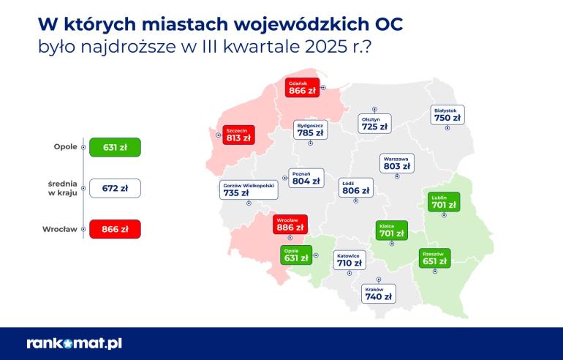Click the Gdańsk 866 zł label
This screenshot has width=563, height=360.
(x=301, y=88)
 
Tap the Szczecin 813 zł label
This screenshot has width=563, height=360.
(x=238, y=132)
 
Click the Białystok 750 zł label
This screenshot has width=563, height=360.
(x=447, y=114)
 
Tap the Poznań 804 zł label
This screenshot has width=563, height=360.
(x=306, y=178)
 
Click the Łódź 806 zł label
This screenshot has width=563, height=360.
(x=355, y=187)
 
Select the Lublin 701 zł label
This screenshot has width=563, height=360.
(x=443, y=202)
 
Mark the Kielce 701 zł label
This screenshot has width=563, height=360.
(x=390, y=230)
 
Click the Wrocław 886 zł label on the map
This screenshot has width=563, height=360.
(x=289, y=224)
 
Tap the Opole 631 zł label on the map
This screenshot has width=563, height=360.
(x=296, y=255)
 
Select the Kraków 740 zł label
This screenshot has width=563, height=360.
(x=378, y=293)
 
